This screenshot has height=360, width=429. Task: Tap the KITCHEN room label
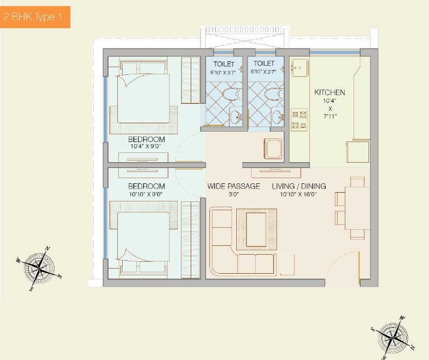(x=329, y=92)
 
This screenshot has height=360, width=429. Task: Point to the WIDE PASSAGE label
(x=234, y=186)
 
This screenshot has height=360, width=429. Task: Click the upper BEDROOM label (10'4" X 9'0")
(x=146, y=139)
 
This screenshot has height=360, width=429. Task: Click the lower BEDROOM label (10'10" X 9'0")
(x=146, y=186)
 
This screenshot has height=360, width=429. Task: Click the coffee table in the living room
(x=256, y=226)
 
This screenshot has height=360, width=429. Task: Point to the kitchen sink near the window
(x=299, y=68)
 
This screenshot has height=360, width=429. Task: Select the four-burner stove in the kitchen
(x=299, y=119)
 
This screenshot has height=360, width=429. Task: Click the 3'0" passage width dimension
(x=234, y=194)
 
